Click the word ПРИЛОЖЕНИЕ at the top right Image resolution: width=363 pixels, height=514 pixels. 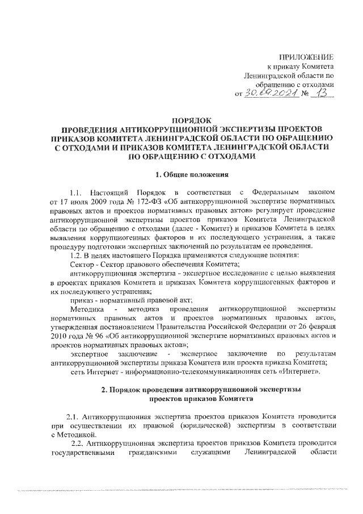pyautogui.click(x=308, y=57)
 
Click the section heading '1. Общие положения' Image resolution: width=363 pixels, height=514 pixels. pyautogui.click(x=188, y=174)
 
